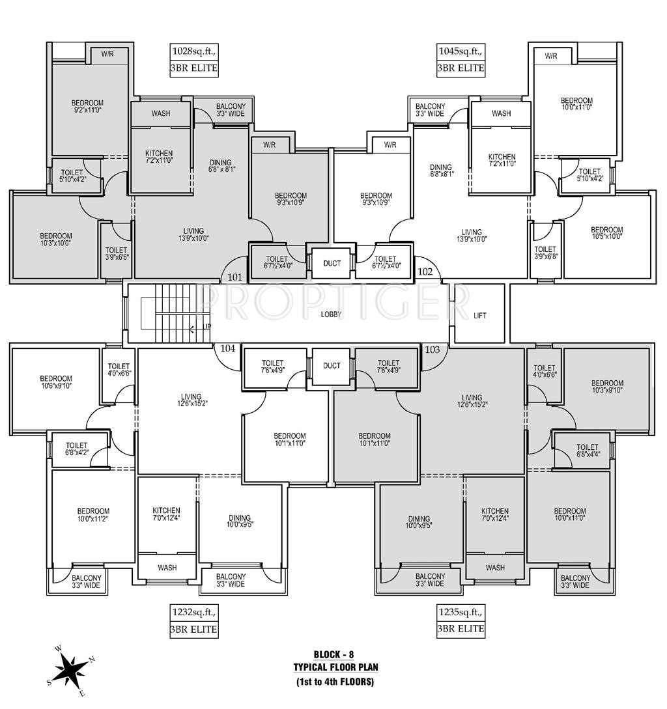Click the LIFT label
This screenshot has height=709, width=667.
coord(479,316)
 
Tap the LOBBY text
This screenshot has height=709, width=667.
coord(332,314)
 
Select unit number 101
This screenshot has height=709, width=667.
coord(234,277)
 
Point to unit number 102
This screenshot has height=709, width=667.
coord(425,271)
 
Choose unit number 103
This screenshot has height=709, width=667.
coord(432,349)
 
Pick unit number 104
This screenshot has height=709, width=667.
coord(227,348)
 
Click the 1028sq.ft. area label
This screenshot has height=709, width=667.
coord(193,51)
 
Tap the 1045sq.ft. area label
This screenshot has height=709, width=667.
coord(461,51)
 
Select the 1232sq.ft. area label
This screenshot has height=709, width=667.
coord(193,613)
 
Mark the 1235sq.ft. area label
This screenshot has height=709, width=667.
coord(461,613)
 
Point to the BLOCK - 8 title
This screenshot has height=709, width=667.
coord(334,654)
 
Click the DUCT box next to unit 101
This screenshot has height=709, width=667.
coord(332,263)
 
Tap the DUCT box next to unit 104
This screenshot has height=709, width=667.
coord(332,366)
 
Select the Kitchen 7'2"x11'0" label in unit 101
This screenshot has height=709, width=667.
coord(159,156)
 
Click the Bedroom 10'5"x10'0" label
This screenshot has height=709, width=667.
coord(607,233)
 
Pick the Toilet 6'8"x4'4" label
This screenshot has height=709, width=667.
coord(588,451)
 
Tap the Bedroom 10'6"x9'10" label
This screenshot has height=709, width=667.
coord(55,382)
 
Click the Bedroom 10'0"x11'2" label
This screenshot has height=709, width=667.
coord(93,515)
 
